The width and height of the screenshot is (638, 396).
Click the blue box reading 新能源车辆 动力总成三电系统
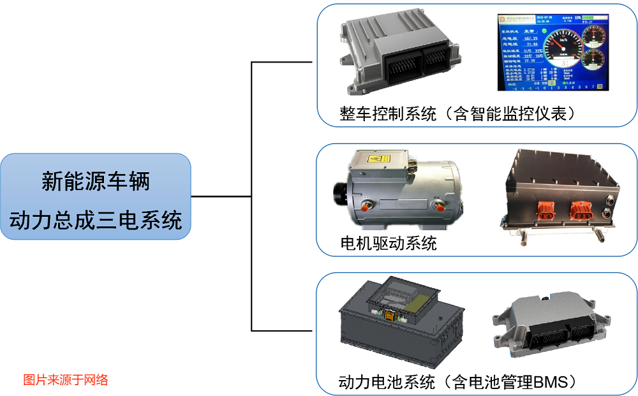point(96,196)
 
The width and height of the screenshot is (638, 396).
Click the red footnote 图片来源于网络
point(66,380)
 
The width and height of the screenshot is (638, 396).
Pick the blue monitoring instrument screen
point(553,52)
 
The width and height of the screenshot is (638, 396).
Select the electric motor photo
point(399,189)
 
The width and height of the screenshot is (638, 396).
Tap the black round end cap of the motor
point(343,193)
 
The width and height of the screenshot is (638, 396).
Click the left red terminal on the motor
point(366,206)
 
